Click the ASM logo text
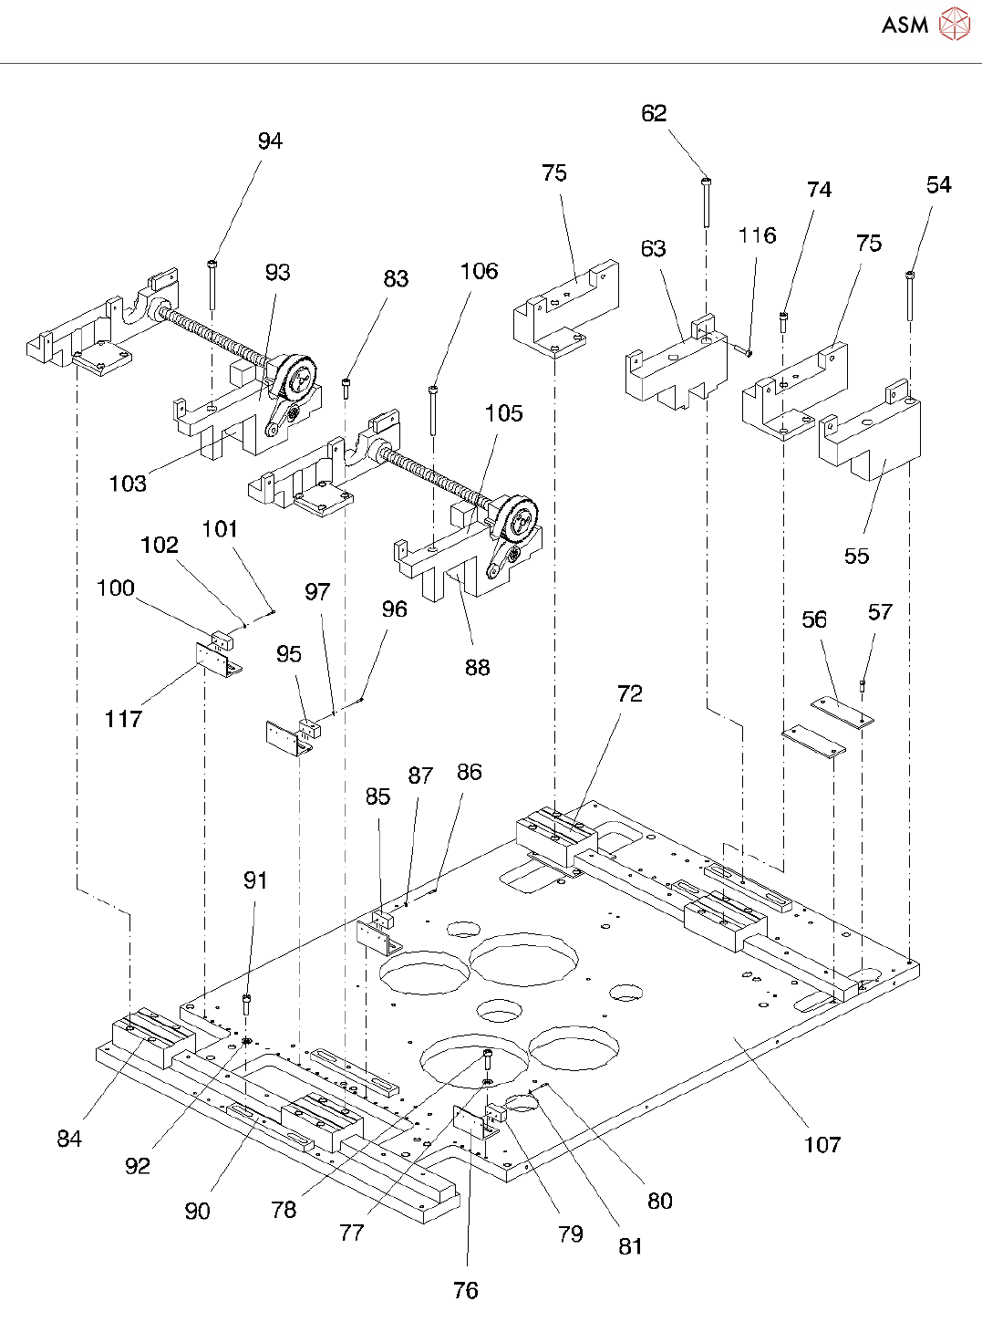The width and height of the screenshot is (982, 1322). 904,25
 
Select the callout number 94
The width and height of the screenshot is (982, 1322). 270,141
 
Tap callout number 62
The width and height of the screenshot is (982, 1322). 654,113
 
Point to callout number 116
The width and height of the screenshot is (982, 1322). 757,235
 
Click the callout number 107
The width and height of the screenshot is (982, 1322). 822,1144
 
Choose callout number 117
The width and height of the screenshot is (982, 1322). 123,719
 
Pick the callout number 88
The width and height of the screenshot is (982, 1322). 477,667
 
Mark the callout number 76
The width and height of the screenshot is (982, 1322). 465,1290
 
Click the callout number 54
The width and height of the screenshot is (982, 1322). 938,184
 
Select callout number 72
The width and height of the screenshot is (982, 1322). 629,693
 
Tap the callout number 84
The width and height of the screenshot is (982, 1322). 69,1138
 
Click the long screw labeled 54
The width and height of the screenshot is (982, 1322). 910,296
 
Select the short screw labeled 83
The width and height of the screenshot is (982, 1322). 346,388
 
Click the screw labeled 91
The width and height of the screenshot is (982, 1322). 247,1005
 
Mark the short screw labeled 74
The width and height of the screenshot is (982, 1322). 783,321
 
